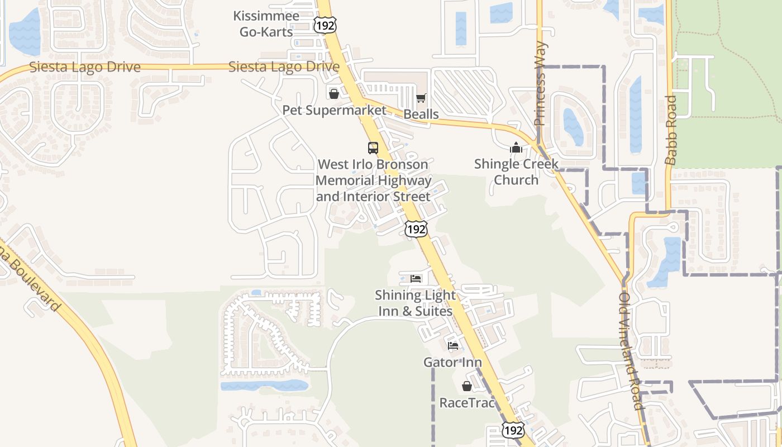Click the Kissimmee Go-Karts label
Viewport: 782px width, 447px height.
(266, 24)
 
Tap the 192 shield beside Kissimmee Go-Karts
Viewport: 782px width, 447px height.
(325, 25)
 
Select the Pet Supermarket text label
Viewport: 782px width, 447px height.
(334, 110)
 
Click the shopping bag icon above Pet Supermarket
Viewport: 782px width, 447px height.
(333, 93)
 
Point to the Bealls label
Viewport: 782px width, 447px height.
(421, 115)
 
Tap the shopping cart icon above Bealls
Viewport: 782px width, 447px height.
(421, 98)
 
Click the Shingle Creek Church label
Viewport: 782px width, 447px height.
(516, 172)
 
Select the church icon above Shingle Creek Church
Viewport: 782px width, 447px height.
(516, 148)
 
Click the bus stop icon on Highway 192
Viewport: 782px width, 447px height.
(373, 148)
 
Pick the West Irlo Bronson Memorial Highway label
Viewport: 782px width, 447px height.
(373, 180)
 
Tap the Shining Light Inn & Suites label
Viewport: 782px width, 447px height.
(415, 303)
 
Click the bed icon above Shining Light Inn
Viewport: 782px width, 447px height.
(416, 278)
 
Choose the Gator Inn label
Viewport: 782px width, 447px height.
(452, 362)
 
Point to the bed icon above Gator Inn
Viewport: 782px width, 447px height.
(453, 345)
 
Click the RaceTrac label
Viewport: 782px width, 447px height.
(467, 402)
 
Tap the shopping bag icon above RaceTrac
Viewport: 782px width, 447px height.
(466, 386)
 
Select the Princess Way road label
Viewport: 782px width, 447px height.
(540, 84)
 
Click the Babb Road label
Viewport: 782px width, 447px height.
(671, 130)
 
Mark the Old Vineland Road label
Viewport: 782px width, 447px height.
(632, 351)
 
